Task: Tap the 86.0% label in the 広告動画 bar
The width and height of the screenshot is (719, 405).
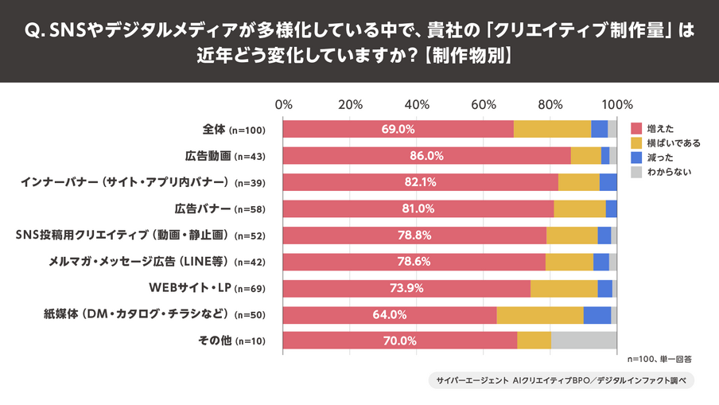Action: point(426,155)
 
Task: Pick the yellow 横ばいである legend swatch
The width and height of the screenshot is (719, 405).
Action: point(635,142)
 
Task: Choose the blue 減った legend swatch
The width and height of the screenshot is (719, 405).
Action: point(635,157)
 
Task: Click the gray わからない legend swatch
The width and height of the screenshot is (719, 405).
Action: point(635,171)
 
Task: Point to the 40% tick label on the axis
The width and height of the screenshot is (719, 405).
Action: point(417,104)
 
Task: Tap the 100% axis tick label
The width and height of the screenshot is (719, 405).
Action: point(617,104)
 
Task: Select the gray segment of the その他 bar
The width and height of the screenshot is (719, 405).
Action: point(584,341)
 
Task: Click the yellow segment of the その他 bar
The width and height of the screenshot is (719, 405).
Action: point(534,341)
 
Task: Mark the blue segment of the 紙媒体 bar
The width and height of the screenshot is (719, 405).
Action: point(597,314)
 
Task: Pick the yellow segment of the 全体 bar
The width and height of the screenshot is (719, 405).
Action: point(552,129)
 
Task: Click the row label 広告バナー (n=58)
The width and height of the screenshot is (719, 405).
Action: point(219,208)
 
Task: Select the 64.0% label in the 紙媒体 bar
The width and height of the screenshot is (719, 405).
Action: point(390,314)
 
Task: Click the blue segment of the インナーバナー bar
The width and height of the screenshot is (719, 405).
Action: point(608,181)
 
